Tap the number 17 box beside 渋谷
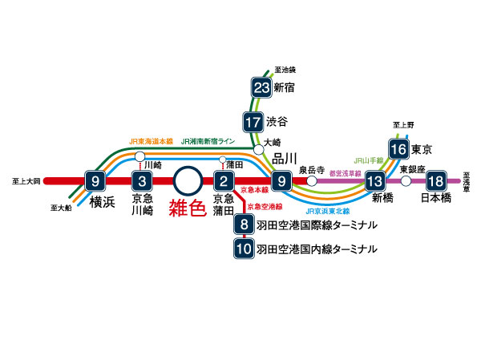tap(253, 123)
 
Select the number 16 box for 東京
tap(398, 149)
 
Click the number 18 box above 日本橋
tap(435, 180)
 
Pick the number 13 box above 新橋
tap(374, 180)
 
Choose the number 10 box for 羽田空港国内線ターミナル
tap(244, 249)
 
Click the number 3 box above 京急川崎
tap(142, 180)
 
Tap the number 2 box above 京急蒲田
tap(224, 180)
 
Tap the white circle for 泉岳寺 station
tap(312, 181)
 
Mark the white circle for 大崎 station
tap(258, 149)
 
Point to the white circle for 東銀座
tap(406, 181)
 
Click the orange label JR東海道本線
tap(151, 141)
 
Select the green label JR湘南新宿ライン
tap(208, 141)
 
